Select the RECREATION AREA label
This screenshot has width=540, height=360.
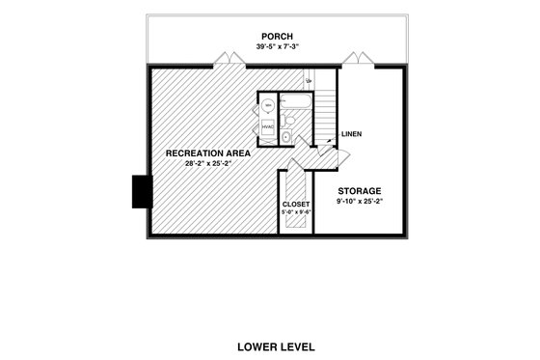[208, 153]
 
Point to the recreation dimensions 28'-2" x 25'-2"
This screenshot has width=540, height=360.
[208, 163]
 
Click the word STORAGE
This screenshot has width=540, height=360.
[359, 191]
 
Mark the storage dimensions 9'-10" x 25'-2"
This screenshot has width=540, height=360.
[359, 202]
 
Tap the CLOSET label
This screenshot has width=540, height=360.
[295, 205]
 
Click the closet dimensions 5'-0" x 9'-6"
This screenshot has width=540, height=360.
[295, 212]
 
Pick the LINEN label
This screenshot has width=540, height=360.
[350, 134]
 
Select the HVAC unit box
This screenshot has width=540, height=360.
[267, 126]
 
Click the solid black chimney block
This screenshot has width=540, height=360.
[139, 189]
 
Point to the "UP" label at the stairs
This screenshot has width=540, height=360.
[309, 82]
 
